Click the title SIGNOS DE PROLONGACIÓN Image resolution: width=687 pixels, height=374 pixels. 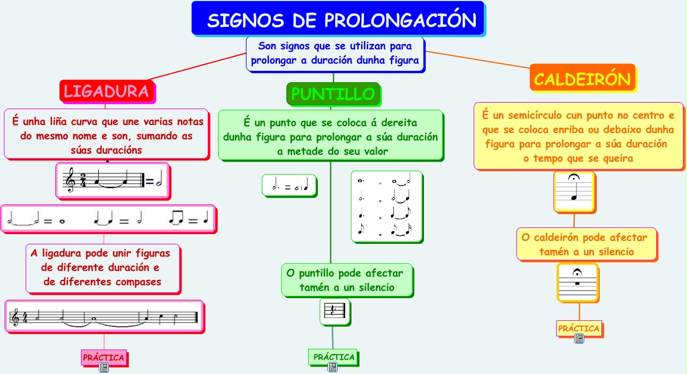pyautogui.click(x=341, y=21)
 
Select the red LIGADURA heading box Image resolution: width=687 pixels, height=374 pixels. pyautogui.click(x=107, y=91)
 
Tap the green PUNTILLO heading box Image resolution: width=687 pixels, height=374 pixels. pyautogui.click(x=333, y=94)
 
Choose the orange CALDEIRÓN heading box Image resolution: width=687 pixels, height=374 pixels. pyautogui.click(x=583, y=79)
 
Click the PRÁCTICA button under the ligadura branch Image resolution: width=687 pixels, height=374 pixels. pyautogui.click(x=103, y=357)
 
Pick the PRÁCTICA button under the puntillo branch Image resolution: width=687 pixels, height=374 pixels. pyautogui.click(x=334, y=357)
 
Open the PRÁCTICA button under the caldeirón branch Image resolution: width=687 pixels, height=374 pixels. pyautogui.click(x=579, y=328)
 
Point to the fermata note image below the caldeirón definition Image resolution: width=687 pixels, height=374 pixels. pyautogui.click(x=574, y=191)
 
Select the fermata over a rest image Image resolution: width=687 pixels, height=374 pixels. pyautogui.click(x=577, y=281)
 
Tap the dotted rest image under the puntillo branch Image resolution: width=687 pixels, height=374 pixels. pyautogui.click(x=334, y=311)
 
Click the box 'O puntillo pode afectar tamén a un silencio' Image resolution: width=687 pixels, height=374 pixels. pyautogui.click(x=346, y=280)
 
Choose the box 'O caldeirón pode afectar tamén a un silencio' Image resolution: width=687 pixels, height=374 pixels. pyautogui.click(x=586, y=244)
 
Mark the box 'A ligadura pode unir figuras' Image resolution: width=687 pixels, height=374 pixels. pyautogui.click(x=103, y=267)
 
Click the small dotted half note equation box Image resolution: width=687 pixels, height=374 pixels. pyautogui.click(x=289, y=186)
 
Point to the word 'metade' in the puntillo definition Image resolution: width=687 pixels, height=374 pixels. pyautogui.click(x=304, y=151)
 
